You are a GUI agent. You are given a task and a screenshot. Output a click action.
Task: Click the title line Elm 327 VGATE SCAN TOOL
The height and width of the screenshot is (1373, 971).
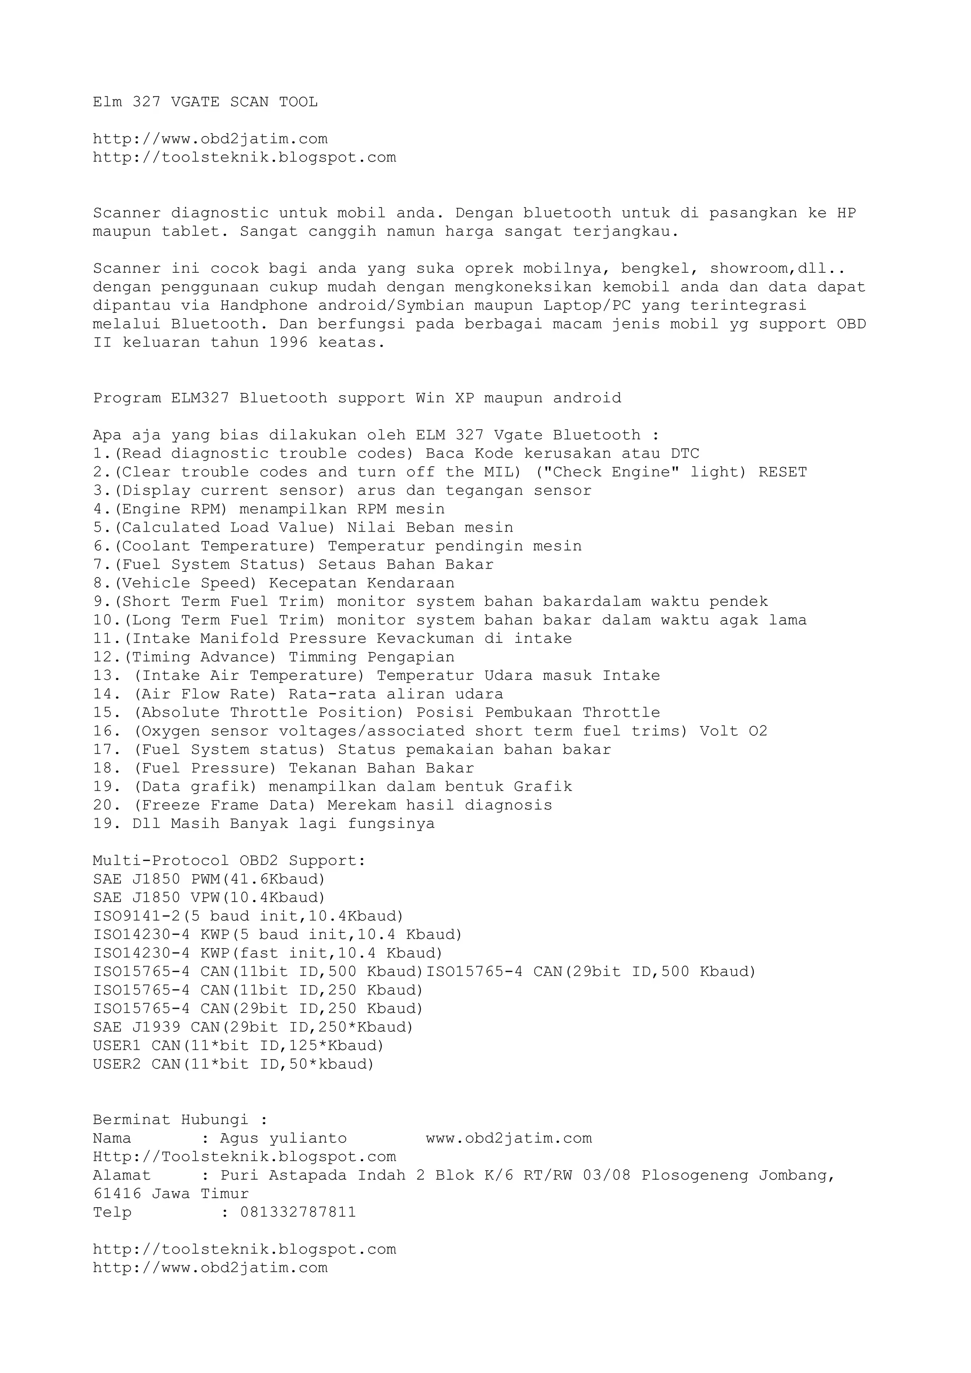tap(205, 102)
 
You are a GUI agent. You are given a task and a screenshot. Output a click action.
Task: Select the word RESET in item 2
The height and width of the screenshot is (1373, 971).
tap(783, 472)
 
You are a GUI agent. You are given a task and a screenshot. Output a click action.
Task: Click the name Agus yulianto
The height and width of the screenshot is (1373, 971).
tap(283, 1138)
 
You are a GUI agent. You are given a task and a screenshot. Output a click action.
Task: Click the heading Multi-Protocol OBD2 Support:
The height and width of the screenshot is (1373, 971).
tap(229, 860)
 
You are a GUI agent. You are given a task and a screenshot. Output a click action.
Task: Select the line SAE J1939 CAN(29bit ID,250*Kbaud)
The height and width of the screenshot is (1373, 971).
tap(253, 1027)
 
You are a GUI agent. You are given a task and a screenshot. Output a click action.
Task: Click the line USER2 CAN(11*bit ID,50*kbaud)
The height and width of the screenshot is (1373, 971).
tap(233, 1065)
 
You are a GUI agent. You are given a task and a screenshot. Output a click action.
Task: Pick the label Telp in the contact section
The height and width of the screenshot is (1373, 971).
tap(112, 1212)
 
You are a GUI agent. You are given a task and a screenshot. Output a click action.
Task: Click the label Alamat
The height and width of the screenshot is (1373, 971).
tap(121, 1175)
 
